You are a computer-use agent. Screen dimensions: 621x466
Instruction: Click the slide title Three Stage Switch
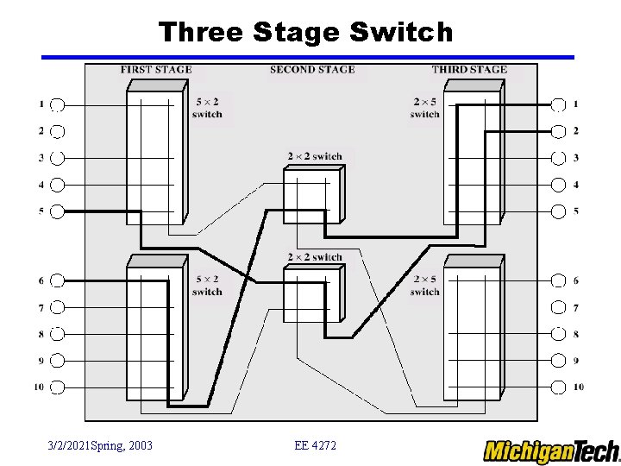305,32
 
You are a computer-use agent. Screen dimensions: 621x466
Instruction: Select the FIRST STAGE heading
156,70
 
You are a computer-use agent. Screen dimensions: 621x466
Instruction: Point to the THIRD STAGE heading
469,70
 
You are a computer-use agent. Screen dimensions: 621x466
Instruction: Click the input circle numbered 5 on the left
57,211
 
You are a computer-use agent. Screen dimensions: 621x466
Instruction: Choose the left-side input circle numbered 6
57,280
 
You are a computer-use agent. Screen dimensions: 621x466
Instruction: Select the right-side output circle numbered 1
558,104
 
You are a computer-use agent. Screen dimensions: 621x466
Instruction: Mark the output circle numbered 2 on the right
558,131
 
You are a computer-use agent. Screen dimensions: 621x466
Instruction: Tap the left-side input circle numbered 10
57,387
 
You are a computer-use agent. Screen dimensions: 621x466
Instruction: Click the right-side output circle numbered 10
558,387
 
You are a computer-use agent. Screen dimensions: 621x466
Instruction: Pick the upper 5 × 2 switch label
207,108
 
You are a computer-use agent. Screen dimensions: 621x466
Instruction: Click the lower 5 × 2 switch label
207,286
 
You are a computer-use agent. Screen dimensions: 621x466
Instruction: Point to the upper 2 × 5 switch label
425,108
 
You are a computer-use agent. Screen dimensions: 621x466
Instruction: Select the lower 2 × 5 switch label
425,286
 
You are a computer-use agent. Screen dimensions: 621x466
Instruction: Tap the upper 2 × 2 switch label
315,156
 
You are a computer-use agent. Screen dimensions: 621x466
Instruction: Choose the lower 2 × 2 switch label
315,257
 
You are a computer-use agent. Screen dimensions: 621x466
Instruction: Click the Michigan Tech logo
551,450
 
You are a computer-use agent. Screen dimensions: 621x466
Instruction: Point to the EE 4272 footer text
316,445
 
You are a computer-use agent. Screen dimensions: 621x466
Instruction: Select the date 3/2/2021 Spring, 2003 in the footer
100,445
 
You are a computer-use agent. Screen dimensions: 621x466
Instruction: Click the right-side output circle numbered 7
558,307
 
